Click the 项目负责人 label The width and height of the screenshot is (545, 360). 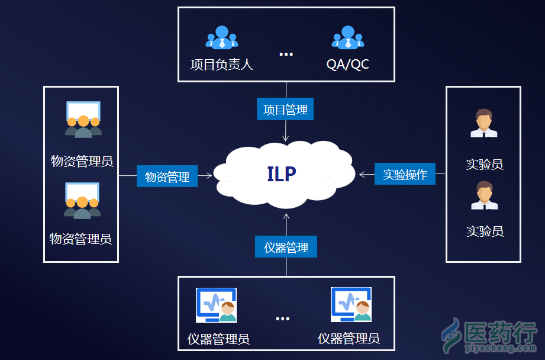221,65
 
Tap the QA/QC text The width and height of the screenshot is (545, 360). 347,65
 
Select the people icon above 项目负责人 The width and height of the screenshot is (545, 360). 221,37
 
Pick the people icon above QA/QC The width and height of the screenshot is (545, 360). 347,37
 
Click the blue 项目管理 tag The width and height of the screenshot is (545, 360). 285,110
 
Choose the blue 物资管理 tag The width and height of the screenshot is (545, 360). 167,176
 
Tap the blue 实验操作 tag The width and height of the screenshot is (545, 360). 405,174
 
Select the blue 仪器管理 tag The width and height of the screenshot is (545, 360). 286,247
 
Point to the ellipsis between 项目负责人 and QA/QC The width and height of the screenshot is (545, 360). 286,54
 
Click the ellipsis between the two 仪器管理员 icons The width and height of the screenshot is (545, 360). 282,319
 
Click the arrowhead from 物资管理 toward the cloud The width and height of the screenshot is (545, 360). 208,176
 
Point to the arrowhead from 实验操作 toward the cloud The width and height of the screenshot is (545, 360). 362,174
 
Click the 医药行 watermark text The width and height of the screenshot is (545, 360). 501,333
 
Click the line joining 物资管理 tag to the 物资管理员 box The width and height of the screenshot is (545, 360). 127,176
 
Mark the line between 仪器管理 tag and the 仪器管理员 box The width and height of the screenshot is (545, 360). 286,267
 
